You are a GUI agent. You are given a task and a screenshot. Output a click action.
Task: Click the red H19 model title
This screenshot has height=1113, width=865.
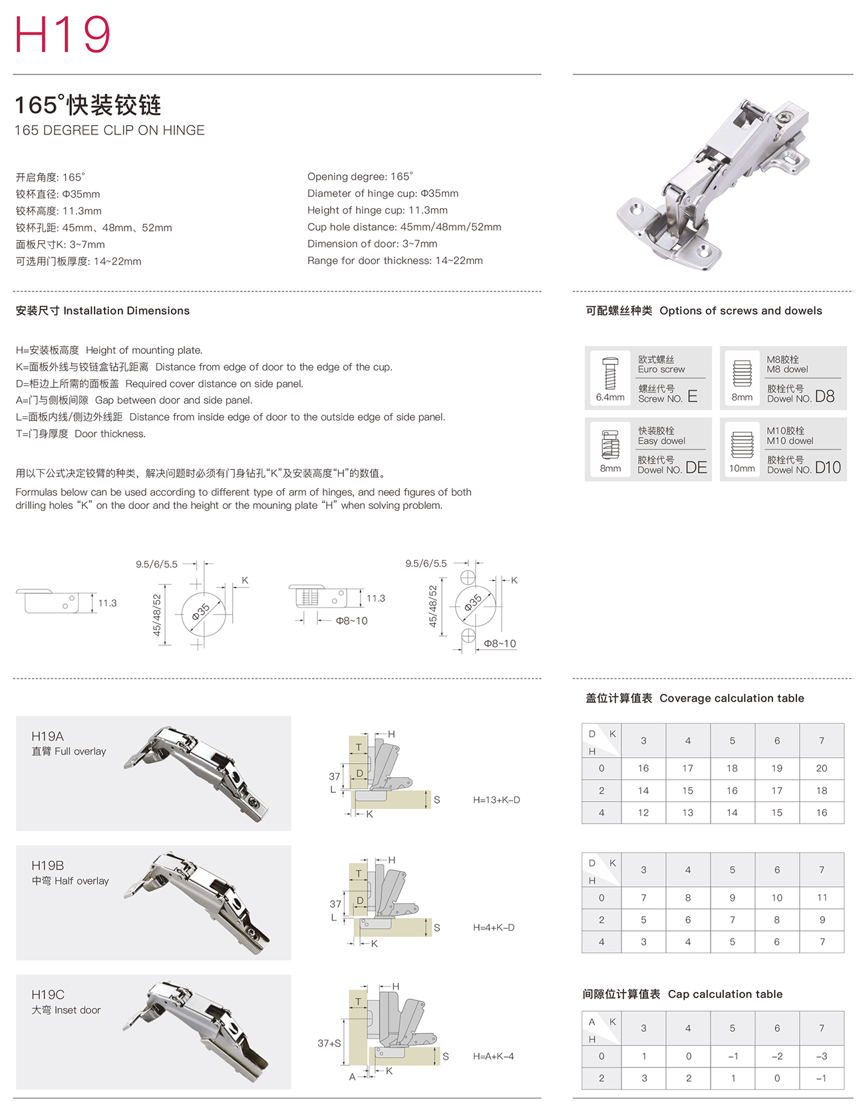coord(63,35)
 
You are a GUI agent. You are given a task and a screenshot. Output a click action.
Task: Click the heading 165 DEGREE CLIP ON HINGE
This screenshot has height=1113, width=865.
coord(110,130)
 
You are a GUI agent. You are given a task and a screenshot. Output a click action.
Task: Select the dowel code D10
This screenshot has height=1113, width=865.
coord(828,468)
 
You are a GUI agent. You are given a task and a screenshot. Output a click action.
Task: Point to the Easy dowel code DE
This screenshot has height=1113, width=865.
coord(696,468)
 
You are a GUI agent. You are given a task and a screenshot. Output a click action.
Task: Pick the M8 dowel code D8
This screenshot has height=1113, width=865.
coord(824,397)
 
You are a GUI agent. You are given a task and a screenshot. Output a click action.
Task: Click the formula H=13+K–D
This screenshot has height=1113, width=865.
coord(496,800)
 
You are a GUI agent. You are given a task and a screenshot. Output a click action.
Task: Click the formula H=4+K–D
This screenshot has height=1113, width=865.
coord(494,927)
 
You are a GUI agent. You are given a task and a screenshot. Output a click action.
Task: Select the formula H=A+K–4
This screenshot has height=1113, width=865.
coord(494,1056)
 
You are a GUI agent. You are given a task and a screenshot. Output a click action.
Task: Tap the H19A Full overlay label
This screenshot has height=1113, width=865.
coord(69,743)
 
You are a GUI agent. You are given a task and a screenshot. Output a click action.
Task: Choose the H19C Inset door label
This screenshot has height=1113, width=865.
coord(66,1002)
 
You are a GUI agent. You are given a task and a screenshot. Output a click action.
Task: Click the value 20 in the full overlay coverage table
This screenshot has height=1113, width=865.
coord(822,768)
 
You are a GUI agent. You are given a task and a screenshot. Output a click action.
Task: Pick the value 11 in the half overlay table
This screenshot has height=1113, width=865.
coord(822,897)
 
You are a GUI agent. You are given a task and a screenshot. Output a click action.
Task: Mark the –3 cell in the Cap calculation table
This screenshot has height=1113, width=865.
coord(822,1056)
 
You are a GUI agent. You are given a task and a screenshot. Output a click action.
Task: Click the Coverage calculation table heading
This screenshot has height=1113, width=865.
coord(695,699)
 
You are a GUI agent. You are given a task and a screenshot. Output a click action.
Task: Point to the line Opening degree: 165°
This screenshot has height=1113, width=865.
coord(360,176)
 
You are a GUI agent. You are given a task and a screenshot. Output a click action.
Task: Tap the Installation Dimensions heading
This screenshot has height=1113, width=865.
coord(102,311)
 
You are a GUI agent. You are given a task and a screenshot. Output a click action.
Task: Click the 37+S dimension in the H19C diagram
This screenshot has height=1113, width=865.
coord(329,1043)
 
